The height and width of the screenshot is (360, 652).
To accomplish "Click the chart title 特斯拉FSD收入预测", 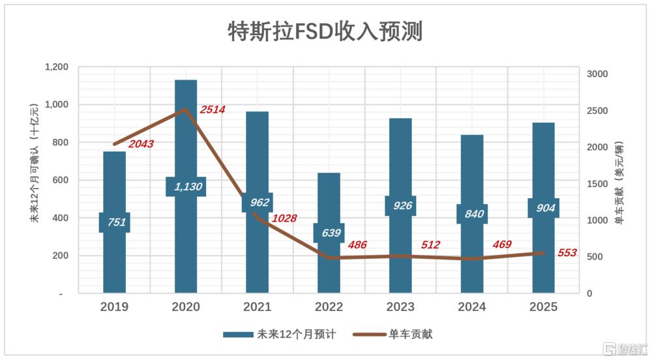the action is click(x=325, y=32).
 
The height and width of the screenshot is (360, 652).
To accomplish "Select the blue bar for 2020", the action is click(x=186, y=187).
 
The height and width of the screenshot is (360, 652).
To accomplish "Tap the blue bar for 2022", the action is click(x=329, y=233).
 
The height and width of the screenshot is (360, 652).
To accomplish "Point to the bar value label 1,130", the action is click(x=188, y=187).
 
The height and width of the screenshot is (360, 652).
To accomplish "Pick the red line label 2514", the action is click(x=213, y=110).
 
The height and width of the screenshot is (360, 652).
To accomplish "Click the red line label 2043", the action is click(x=141, y=144).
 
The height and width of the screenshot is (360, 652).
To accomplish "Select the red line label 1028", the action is click(x=284, y=218).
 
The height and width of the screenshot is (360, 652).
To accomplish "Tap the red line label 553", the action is click(x=567, y=253).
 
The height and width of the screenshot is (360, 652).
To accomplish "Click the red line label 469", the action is click(x=502, y=245).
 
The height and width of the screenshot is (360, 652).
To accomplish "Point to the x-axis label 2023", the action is click(x=400, y=307).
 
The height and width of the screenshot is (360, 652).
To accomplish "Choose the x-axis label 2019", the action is click(x=114, y=307).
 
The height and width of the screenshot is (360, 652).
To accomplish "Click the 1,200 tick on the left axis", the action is click(x=57, y=67).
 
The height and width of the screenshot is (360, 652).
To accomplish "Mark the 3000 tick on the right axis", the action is click(x=597, y=74).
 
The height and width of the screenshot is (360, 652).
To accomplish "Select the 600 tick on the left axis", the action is click(x=60, y=180).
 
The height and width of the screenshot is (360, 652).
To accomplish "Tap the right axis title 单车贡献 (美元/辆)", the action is click(x=619, y=183).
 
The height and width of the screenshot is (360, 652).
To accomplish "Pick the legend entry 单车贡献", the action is click(x=393, y=334).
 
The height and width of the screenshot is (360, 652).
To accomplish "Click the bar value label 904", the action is click(x=546, y=208).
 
